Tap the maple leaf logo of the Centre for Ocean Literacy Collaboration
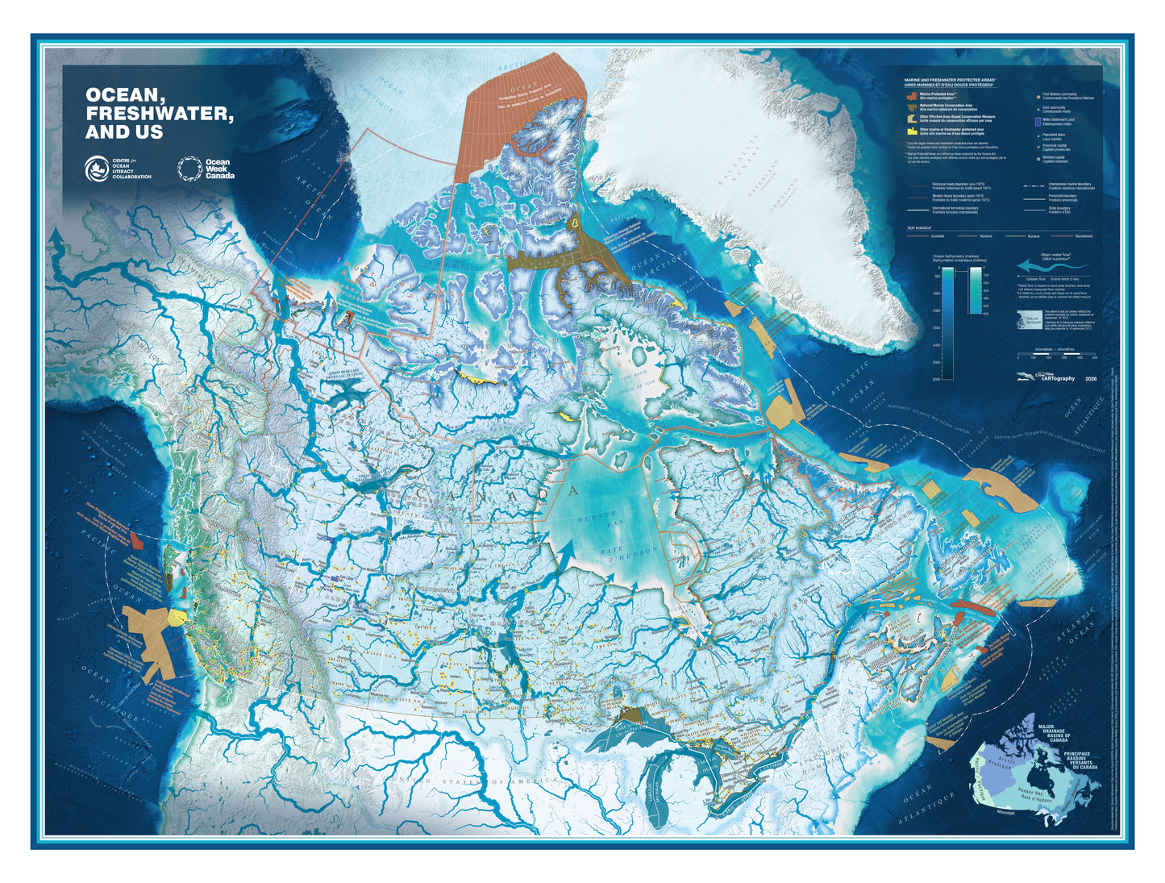click(97, 168)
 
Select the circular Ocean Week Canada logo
click(189, 168)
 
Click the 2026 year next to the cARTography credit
click(1091, 378)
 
